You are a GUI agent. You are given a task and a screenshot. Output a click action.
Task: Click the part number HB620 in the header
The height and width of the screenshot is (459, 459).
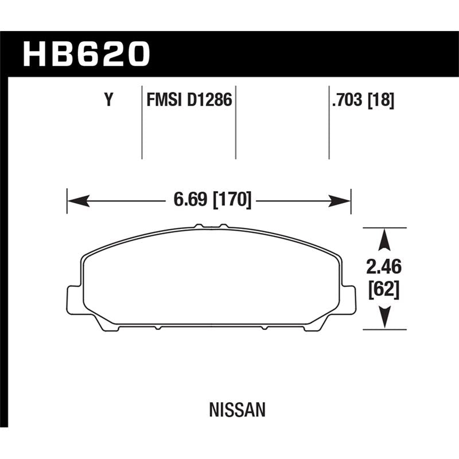tap(86, 54)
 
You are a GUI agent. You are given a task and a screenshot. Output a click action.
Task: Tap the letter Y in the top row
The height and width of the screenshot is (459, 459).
tap(108, 102)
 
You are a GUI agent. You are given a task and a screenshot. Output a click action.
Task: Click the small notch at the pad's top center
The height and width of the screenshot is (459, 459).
tap(211, 226)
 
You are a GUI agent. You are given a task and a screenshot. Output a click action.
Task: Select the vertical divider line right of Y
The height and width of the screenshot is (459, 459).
tap(142, 123)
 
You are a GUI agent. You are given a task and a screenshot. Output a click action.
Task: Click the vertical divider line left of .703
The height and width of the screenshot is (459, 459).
tap(329, 123)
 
